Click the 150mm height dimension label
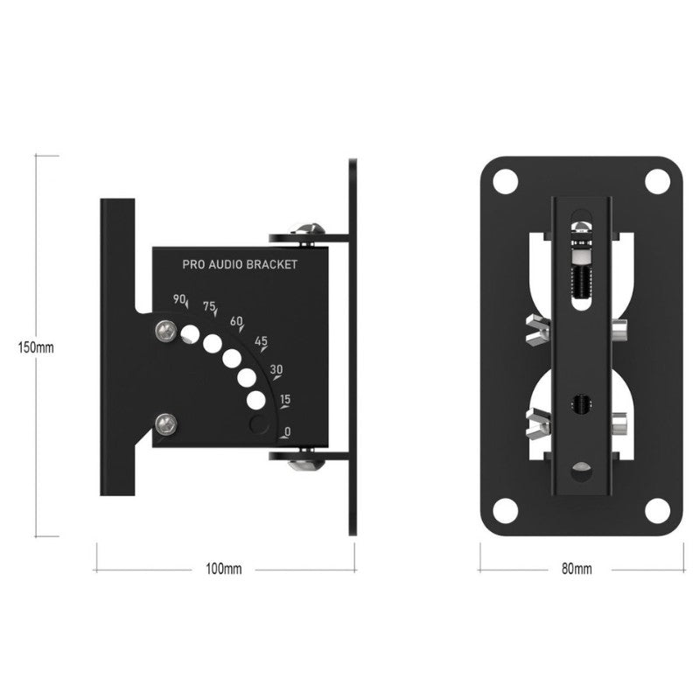[36, 346]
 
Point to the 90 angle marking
[179, 300]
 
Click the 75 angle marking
[209, 306]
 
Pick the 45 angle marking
[260, 341]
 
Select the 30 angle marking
[276, 369]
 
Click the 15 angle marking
[284, 400]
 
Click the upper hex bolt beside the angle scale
[164, 330]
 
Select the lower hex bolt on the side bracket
[164, 424]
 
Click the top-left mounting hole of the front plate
[504, 182]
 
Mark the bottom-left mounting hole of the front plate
[504, 510]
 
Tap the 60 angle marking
[235, 322]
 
